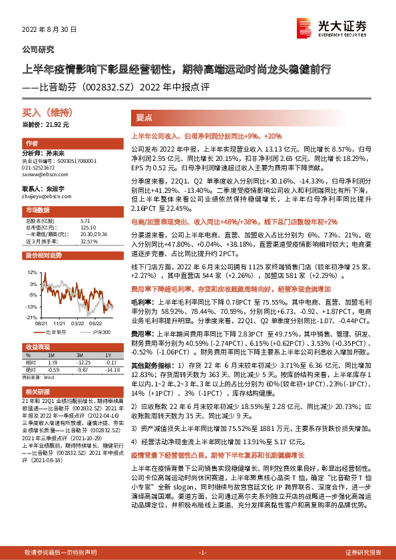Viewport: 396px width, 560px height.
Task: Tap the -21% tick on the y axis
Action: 31,318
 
